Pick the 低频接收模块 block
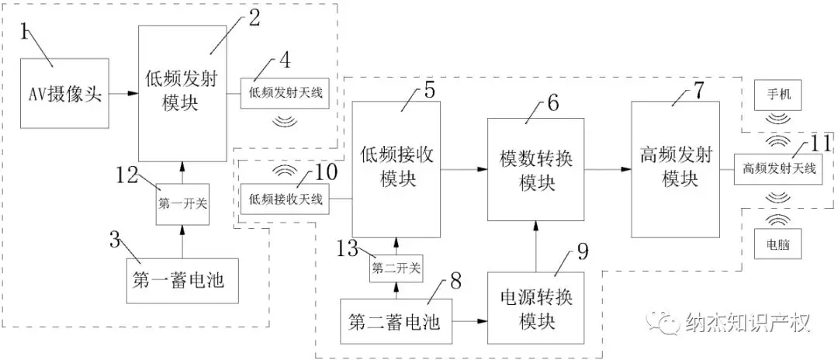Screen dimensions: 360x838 click(x=396, y=166)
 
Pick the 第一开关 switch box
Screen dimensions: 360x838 click(x=182, y=204)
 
